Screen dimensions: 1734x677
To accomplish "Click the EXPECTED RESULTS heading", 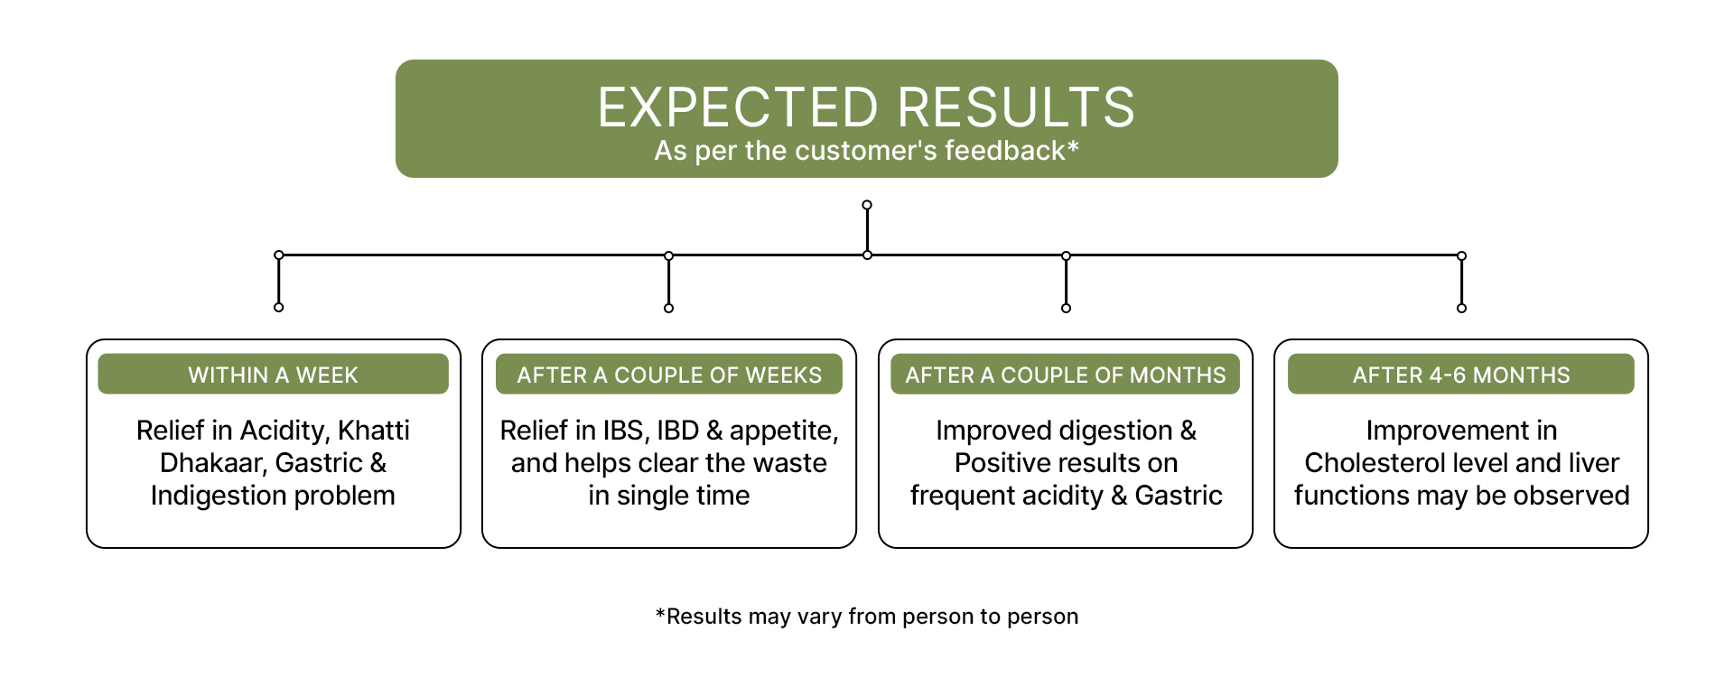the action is pyautogui.click(x=866, y=107).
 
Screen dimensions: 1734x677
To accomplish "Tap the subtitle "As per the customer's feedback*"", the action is pyautogui.click(x=866, y=151).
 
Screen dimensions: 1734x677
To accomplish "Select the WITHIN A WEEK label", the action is pyautogui.click(x=273, y=375).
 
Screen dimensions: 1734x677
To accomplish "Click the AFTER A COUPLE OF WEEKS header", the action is pyautogui.click(x=669, y=375).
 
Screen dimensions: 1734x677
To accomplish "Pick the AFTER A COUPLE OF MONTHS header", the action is pyautogui.click(x=1066, y=375).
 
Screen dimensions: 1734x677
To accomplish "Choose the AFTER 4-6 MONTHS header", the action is pyautogui.click(x=1461, y=375).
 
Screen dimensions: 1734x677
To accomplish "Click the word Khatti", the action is pyautogui.click(x=374, y=431).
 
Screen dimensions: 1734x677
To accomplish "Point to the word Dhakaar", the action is pyautogui.click(x=213, y=463).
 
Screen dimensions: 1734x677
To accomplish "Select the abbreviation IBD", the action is pyautogui.click(x=677, y=431).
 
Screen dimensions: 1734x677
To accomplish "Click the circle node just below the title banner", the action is pyautogui.click(x=867, y=205).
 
